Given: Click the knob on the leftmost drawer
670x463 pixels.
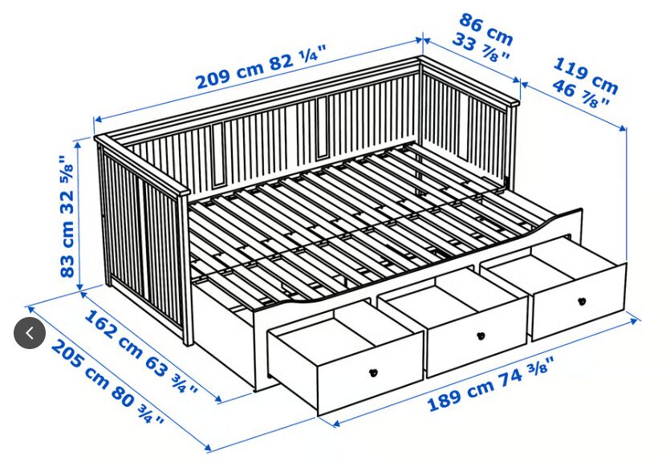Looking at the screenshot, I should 372,372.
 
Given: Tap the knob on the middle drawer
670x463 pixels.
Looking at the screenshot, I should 481,336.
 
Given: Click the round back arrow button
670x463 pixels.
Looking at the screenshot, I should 30,333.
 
